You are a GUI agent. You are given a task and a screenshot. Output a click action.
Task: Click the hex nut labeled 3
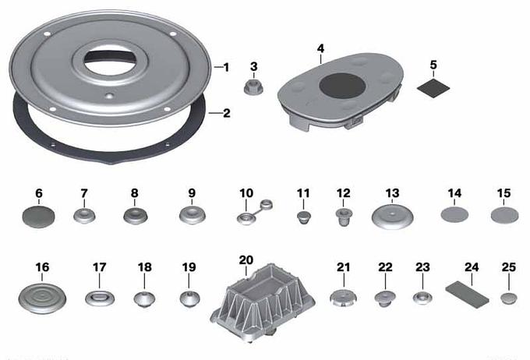(x=253, y=87)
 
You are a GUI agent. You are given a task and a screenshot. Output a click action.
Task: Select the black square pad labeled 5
(x=433, y=88)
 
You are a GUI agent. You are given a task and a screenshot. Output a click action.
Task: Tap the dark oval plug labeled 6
(x=38, y=217)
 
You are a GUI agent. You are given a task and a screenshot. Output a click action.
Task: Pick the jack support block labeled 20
(x=263, y=302)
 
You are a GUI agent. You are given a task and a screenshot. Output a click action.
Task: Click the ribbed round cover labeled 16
(x=42, y=298)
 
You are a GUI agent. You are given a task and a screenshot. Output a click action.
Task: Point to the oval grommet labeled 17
(x=100, y=298)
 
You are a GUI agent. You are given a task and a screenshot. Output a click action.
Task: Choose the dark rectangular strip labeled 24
(x=467, y=295)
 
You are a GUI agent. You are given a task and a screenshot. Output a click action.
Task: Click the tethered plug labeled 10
(x=254, y=213)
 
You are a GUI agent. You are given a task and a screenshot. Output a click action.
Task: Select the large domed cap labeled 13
(x=392, y=217)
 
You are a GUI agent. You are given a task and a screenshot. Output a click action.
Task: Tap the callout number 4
(x=320, y=48)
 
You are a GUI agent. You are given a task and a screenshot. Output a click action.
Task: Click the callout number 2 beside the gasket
(x=227, y=113)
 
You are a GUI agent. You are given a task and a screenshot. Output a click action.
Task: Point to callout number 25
(x=509, y=267)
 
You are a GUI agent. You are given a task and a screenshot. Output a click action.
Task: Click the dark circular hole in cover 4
(x=342, y=86)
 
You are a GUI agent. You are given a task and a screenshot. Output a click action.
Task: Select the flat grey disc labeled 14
(x=454, y=214)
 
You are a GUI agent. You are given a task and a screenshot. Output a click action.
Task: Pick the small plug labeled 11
(x=304, y=217)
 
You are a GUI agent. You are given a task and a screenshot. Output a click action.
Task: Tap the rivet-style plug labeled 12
(x=344, y=217)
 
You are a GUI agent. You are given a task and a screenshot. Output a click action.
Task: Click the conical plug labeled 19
(x=189, y=298)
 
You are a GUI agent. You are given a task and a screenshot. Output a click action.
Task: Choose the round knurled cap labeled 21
(x=343, y=298)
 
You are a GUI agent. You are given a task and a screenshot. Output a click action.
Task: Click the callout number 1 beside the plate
(x=226, y=68)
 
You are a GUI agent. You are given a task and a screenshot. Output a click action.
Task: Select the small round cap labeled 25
(x=509, y=298)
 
